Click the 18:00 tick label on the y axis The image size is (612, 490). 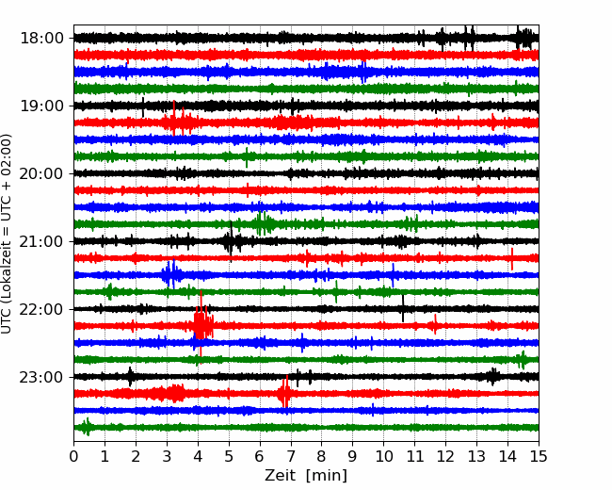pos(41,39)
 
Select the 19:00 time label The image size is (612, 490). pos(41,106)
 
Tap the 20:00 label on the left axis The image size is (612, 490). pos(41,173)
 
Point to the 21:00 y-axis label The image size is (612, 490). pos(41,241)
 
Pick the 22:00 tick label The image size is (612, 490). pos(41,309)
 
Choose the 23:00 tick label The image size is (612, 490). pos(41,377)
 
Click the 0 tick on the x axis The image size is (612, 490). pos(73,456)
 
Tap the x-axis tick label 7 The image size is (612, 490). pos(291,456)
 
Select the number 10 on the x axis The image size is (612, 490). pos(383,456)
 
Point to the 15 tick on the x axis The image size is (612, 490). pos(539,456)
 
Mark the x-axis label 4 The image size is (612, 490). pos(198,456)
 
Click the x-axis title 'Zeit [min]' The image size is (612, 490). pos(306,476)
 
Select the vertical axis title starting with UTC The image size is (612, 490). pos(7,234)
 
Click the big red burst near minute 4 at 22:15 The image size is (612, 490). pos(202,324)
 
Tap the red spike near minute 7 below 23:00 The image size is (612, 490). pos(284,392)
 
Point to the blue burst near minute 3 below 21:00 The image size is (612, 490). pos(171,274)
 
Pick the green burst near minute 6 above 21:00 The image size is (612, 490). pos(263,224)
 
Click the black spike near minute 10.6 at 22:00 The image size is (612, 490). pos(403,309)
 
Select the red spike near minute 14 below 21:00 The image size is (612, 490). pos(511,259)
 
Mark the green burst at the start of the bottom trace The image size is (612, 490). pos(87,427)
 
